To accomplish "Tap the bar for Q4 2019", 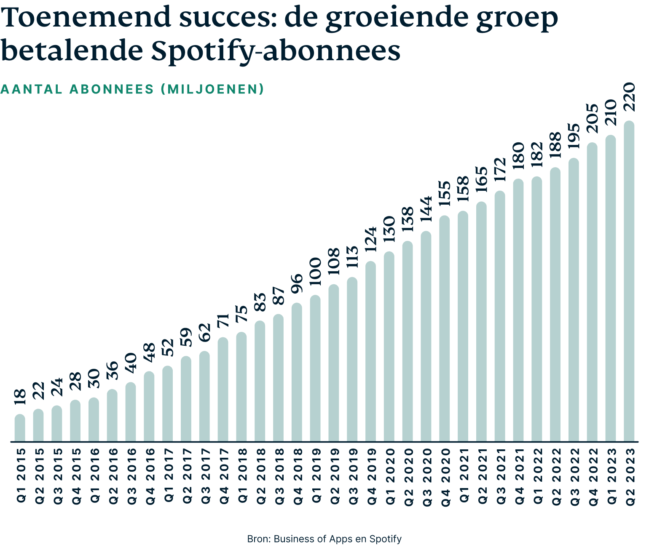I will pyautogui.click(x=370, y=352).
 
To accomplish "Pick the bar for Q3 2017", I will pyautogui.click(x=204, y=396).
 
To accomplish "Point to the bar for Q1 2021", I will pyautogui.click(x=463, y=326).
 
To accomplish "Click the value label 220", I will pyautogui.click(x=629, y=97).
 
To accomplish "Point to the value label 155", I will pyautogui.click(x=444, y=193).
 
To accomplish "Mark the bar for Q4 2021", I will pyautogui.click(x=518, y=310).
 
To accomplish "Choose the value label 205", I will pyautogui.click(x=592, y=119).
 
